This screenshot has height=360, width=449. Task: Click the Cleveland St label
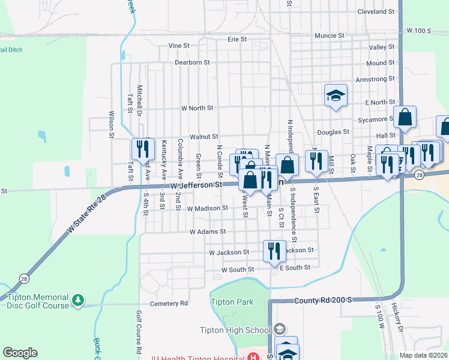pyautogui.click(x=376, y=11)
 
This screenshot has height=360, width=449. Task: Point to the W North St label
pyautogui.click(x=197, y=108)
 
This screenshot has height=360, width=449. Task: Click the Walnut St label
pyautogui.click(x=204, y=137)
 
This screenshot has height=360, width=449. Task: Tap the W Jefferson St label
pyautogui.click(x=193, y=186)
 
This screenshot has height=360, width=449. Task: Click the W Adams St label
pyautogui.click(x=207, y=231)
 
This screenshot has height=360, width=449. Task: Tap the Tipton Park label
pyautogui.click(x=232, y=302)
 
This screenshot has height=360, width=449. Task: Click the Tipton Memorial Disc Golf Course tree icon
pyautogui.click(x=77, y=299)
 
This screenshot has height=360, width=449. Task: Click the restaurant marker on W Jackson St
pyautogui.click(x=274, y=250)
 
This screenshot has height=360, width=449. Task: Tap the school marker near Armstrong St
pyautogui.click(x=336, y=95)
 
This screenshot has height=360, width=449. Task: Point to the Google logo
pyautogui.click(x=20, y=353)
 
